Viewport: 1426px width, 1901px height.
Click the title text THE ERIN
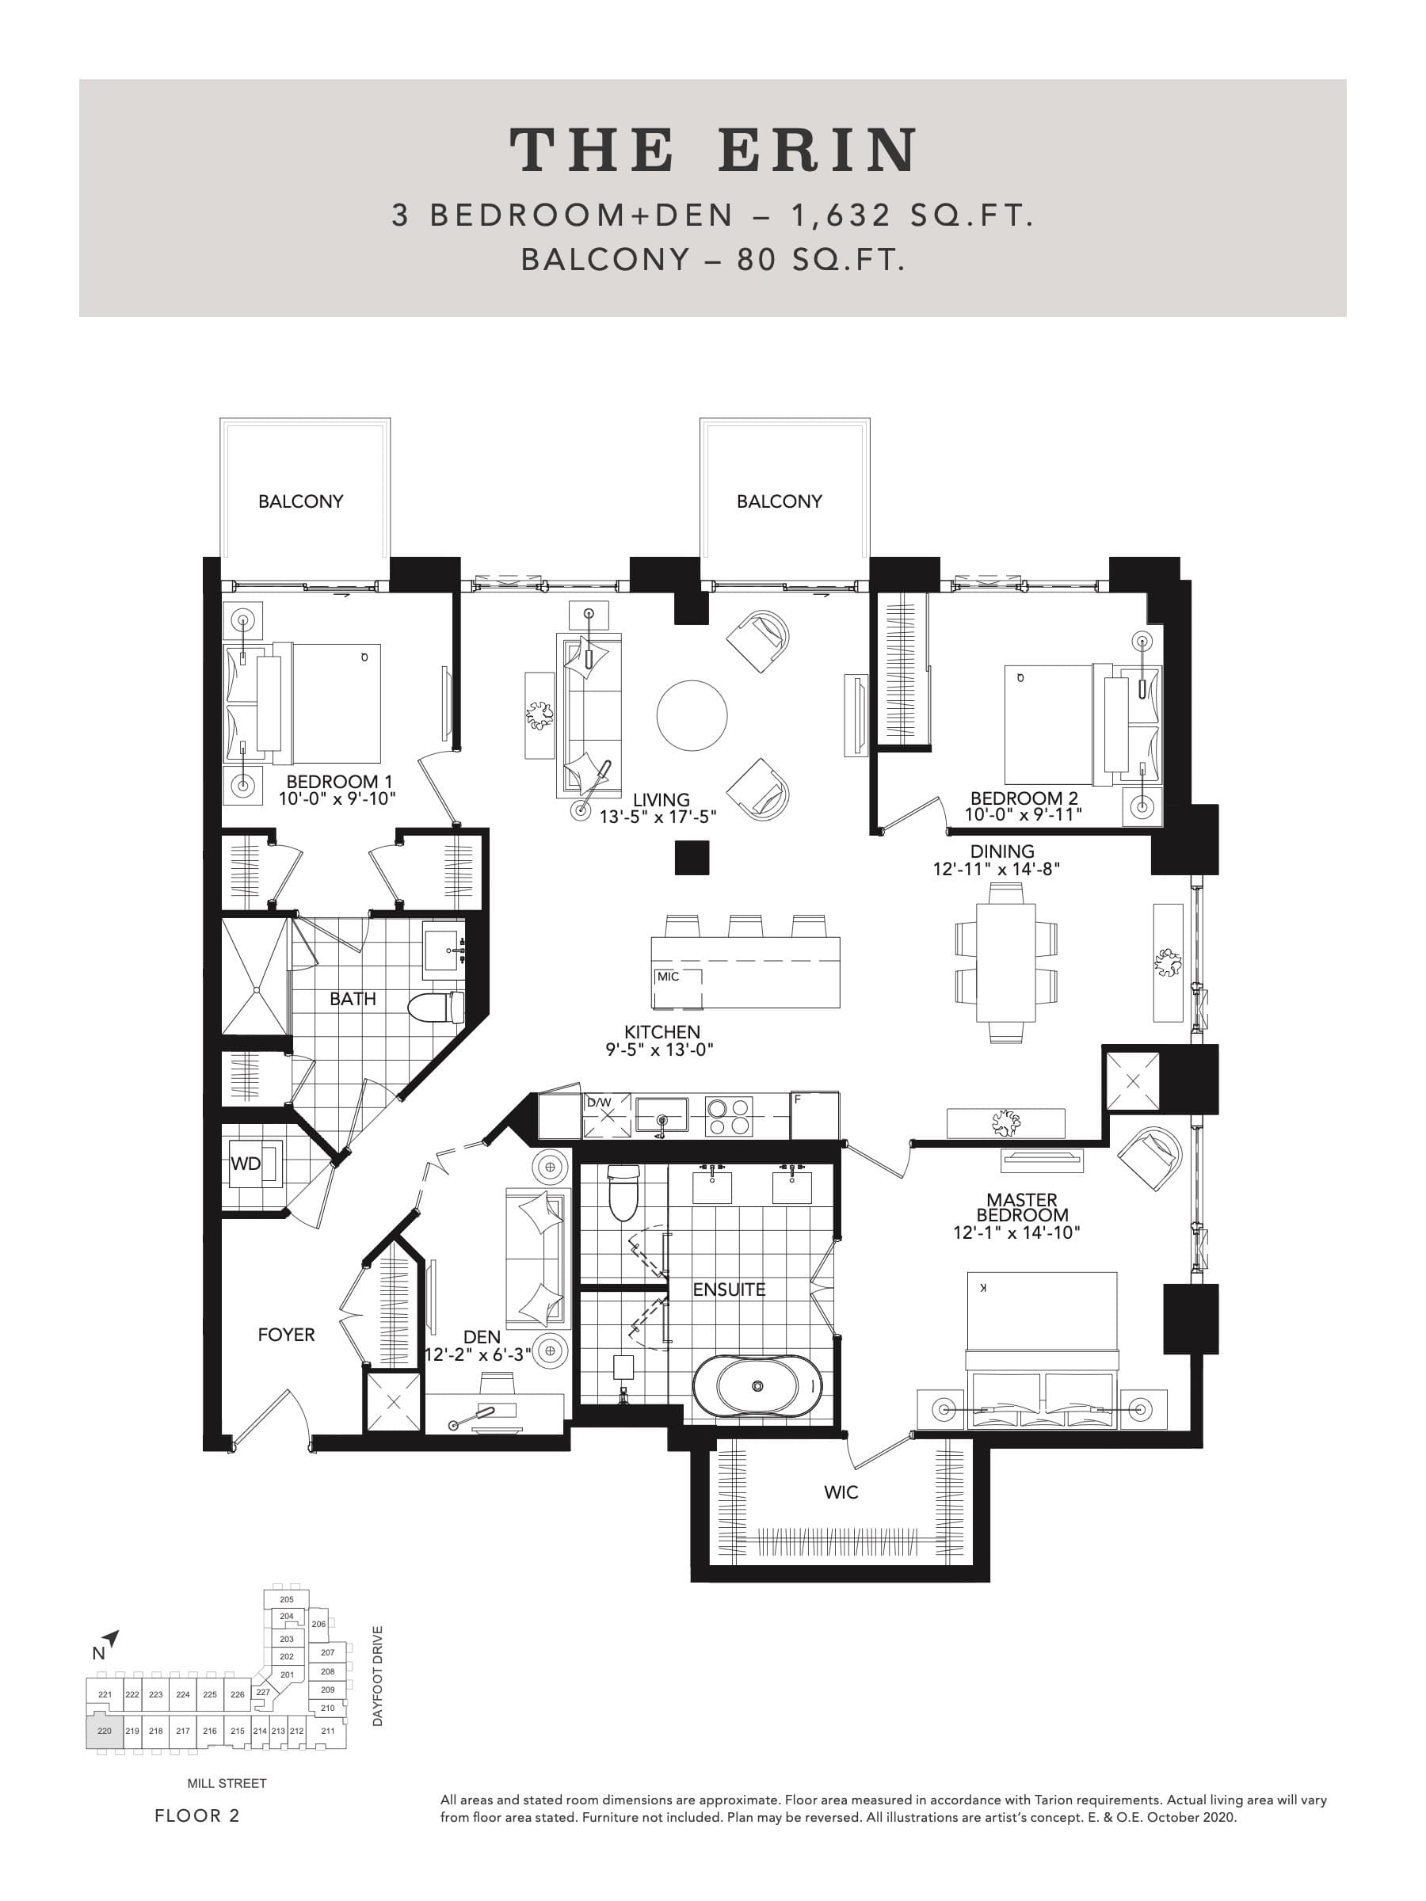714,150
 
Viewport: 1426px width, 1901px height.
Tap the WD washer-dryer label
245,1164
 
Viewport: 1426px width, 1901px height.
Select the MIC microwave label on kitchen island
668,977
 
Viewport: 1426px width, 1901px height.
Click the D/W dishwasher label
599,1103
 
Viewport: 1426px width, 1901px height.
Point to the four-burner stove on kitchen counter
729,1116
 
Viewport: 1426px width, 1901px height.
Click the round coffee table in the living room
692,715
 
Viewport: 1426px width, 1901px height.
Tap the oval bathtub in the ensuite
757,1386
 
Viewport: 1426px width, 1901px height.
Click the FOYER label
286,1335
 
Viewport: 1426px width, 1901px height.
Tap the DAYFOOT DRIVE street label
377,1676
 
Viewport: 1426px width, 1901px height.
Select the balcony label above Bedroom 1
301,501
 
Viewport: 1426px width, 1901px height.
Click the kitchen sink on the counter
661,1114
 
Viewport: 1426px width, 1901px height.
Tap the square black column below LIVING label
691,858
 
